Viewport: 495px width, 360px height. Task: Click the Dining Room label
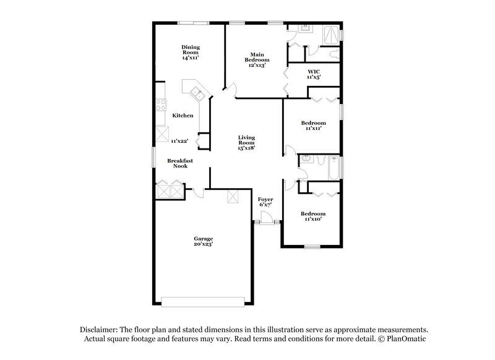pyautogui.click(x=190, y=52)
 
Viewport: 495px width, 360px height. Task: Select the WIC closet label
pyautogui.click(x=313, y=75)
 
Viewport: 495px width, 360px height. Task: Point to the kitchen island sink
pyautogui.click(x=198, y=94)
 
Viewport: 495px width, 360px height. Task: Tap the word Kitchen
pyautogui.click(x=183, y=116)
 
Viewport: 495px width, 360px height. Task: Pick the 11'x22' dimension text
pyautogui.click(x=179, y=141)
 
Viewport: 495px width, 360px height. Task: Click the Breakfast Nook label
pyautogui.click(x=180, y=163)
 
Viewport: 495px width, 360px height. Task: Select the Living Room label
pyautogui.click(x=246, y=142)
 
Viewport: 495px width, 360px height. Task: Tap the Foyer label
pyautogui.click(x=265, y=201)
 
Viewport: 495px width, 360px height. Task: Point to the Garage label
pyautogui.click(x=203, y=242)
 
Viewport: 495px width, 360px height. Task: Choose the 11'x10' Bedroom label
pyautogui.click(x=312, y=217)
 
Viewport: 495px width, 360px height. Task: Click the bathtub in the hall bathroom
pyautogui.click(x=333, y=168)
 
